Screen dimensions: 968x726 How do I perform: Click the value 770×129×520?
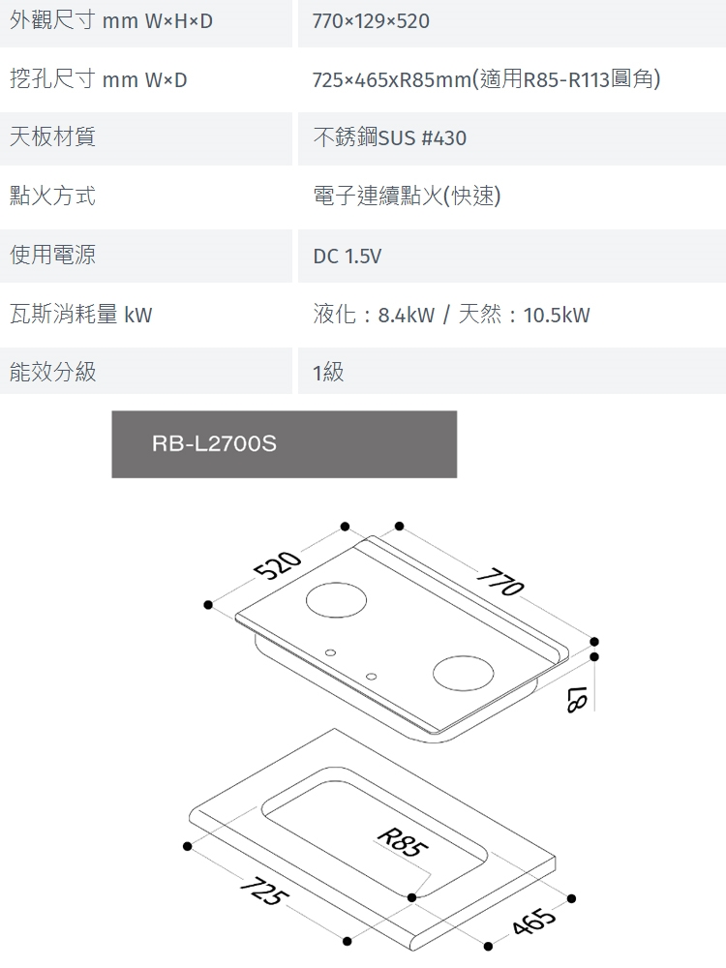(371, 21)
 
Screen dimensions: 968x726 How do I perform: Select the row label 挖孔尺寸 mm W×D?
(98, 79)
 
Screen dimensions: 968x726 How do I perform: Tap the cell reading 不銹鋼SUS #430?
(389, 138)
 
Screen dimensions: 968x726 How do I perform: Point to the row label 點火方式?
(52, 197)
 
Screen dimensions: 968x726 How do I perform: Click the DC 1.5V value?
(347, 257)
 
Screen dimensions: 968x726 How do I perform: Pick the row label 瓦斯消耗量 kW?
(80, 315)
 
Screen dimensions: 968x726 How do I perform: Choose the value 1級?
(328, 373)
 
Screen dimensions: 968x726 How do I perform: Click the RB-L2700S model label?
(214, 444)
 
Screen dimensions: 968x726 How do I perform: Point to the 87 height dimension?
(578, 698)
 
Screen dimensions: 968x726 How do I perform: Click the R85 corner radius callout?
(401, 842)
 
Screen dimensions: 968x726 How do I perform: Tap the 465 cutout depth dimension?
(535, 923)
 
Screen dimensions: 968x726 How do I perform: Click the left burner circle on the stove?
(337, 601)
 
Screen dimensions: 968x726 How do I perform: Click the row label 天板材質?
(52, 137)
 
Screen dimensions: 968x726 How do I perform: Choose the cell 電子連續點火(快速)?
(407, 197)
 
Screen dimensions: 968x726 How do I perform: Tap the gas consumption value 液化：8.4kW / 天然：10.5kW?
(451, 315)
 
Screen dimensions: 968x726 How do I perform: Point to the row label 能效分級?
(52, 372)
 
